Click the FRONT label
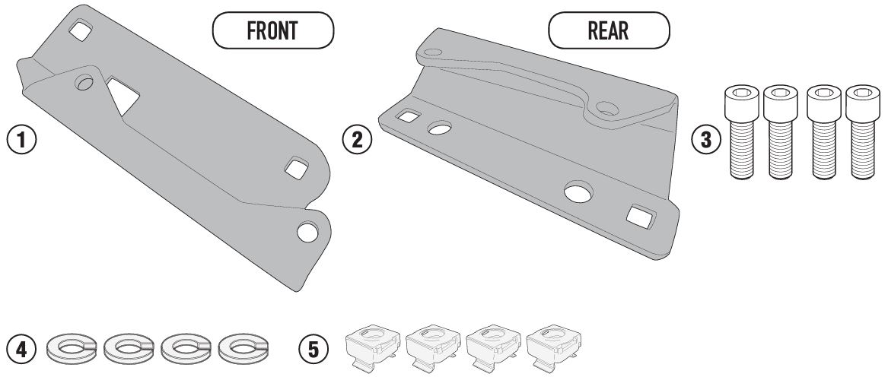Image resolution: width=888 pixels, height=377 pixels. [272, 30]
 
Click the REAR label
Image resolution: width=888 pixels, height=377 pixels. [608, 30]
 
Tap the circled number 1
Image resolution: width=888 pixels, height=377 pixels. [21, 140]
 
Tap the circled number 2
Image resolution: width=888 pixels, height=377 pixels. [358, 140]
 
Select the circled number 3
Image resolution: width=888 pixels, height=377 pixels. [705, 140]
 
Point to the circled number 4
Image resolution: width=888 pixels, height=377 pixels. [21, 349]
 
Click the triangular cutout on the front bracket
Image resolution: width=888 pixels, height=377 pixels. [123, 94]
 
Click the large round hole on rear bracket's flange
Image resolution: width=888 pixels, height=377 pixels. [578, 192]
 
